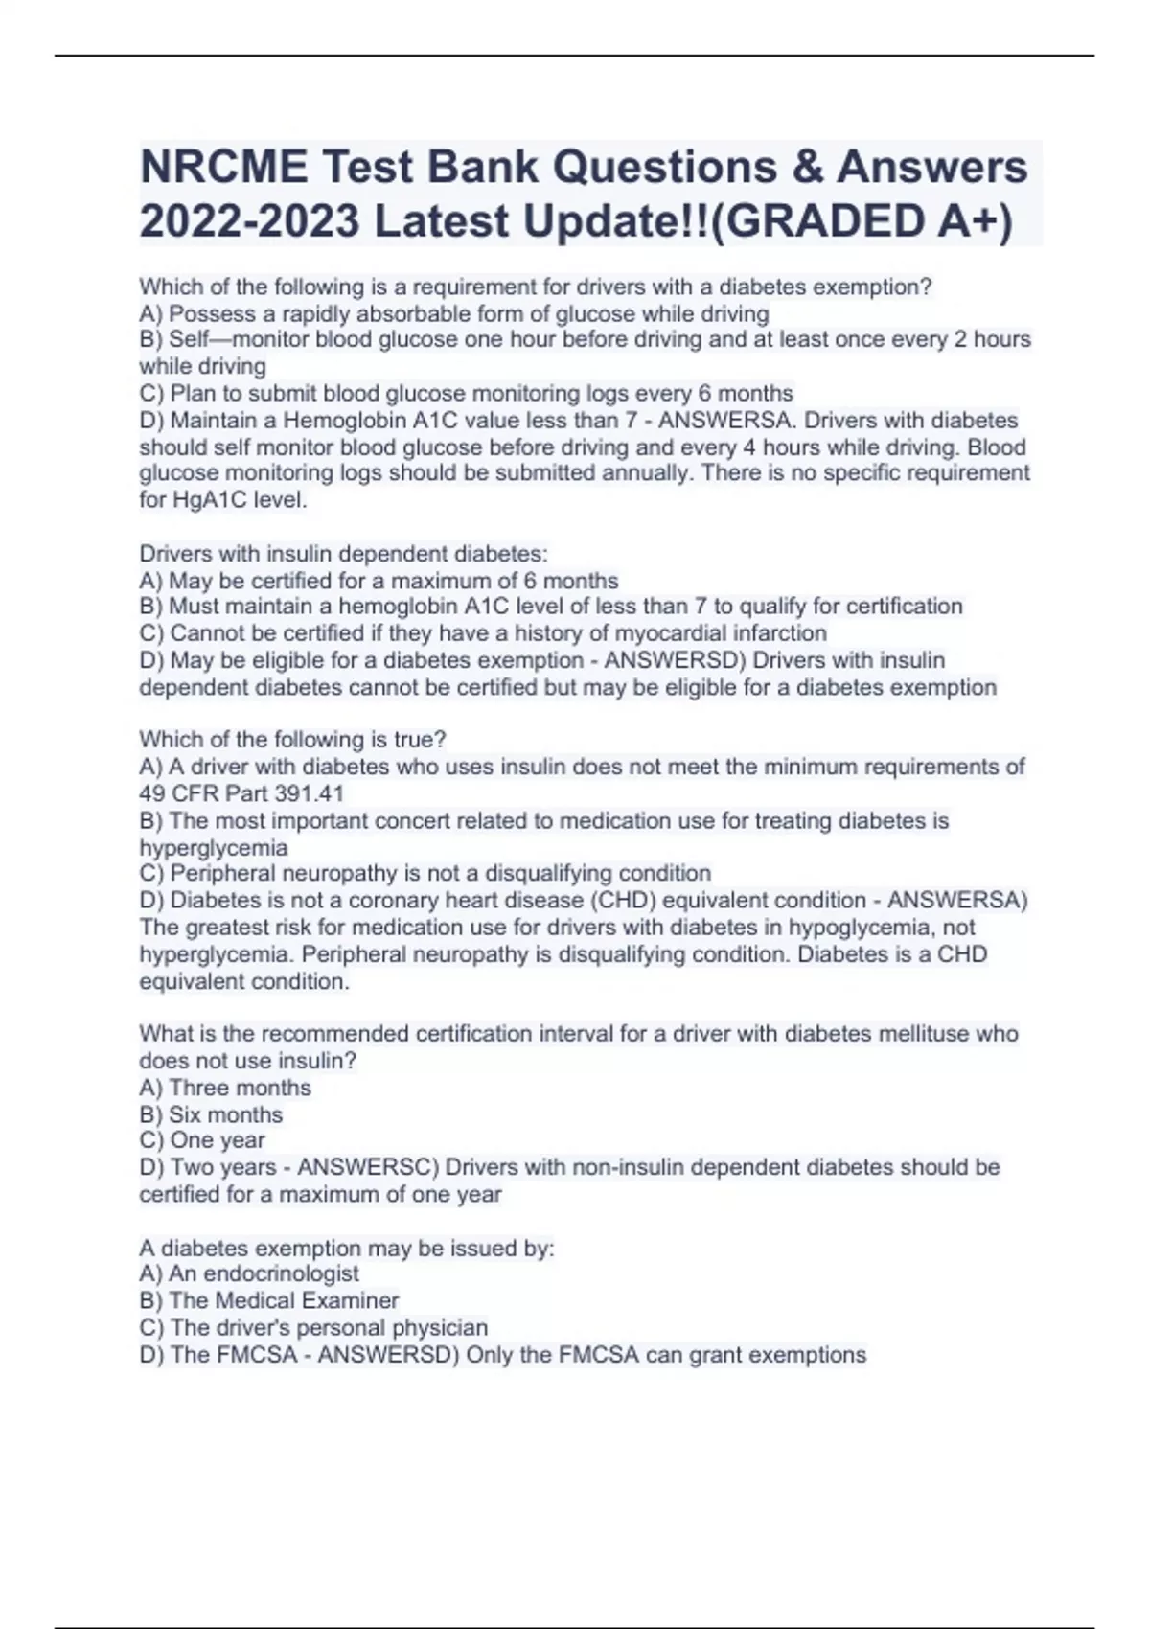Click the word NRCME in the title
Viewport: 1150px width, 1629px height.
224,168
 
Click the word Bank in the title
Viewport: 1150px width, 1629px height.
482,168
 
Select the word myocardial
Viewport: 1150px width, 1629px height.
672,633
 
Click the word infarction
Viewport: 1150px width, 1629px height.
780,633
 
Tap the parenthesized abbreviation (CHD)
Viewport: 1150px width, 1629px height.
621,901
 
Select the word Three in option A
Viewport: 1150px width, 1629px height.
199,1088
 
